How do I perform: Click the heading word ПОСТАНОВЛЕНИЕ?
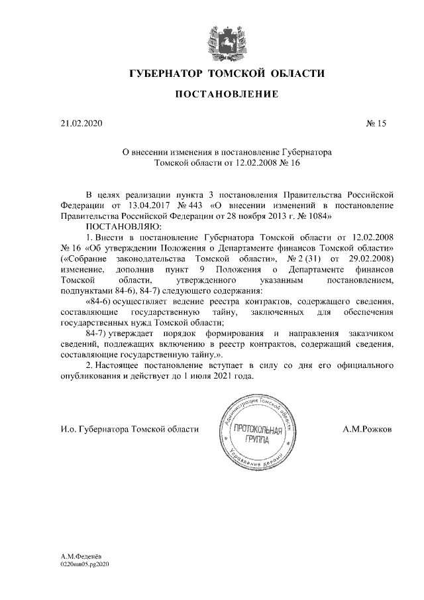coord(211,95)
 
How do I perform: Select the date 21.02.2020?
coord(78,123)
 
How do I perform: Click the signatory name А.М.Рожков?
coord(368,429)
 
